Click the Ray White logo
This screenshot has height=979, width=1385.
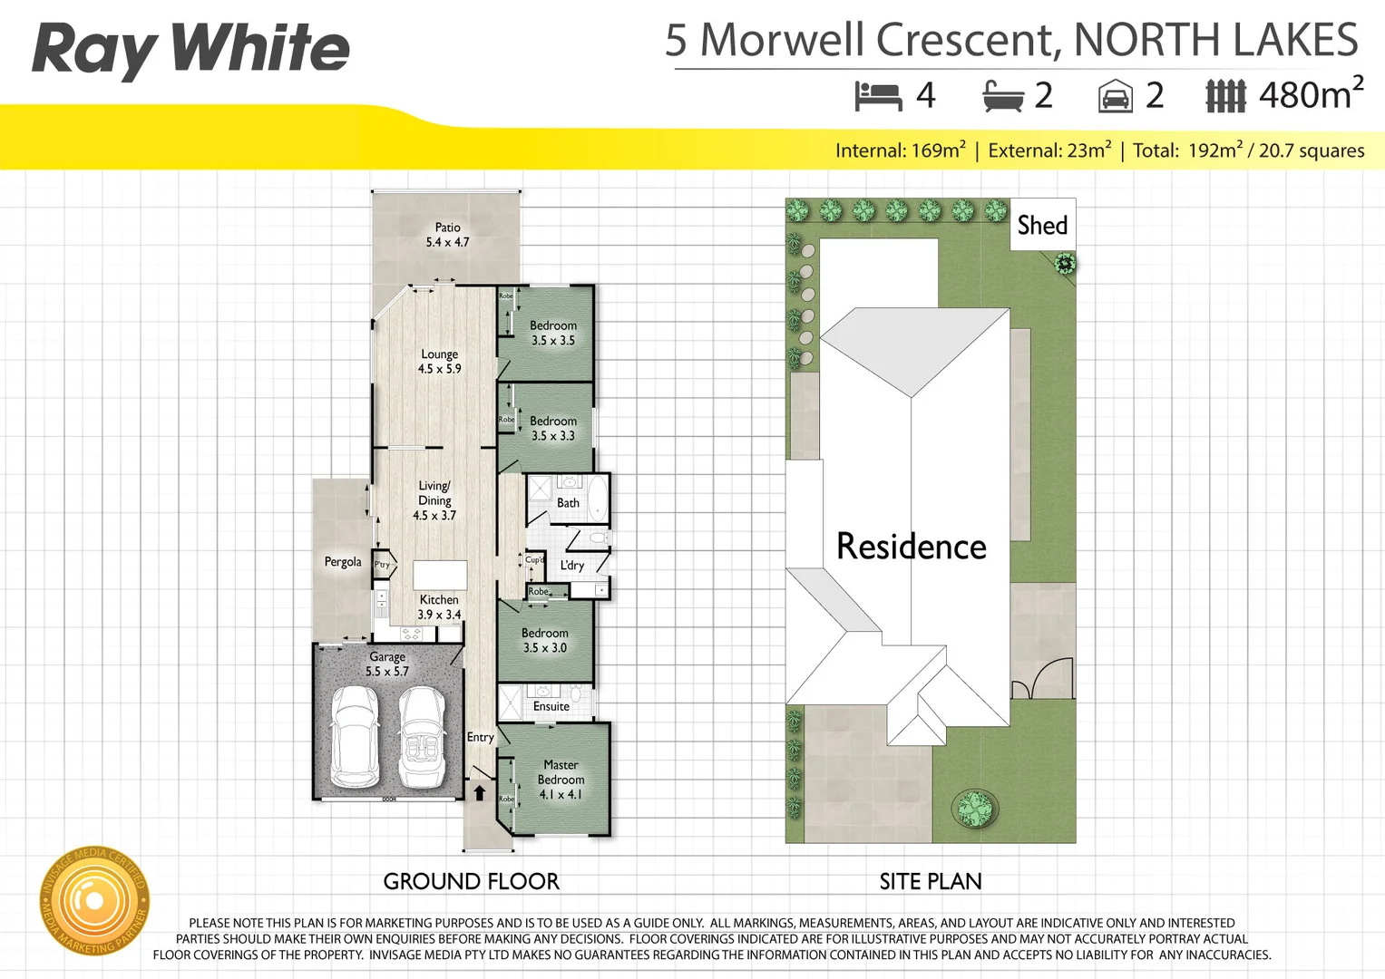point(190,49)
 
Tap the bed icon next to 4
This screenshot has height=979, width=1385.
point(877,95)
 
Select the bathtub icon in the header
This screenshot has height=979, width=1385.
point(1003,96)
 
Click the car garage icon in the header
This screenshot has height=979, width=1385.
point(1115,96)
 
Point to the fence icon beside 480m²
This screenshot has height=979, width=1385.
point(1225,96)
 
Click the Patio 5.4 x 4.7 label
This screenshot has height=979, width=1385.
point(447,235)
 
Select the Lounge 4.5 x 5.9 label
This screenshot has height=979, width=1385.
point(439,362)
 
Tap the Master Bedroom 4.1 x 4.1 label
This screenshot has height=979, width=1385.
point(561,780)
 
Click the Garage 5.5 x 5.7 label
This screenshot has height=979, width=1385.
point(387,664)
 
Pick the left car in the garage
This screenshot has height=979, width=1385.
point(355,736)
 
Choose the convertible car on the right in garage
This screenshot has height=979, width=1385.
point(422,736)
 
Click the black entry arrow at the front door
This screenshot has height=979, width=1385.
point(480,793)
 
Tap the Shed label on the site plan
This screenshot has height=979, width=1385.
point(1042,225)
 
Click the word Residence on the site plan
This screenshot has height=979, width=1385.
point(911,547)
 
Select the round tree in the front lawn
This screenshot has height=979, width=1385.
point(975,809)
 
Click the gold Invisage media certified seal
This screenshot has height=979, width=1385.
point(93,901)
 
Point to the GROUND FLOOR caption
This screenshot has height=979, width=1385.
point(471,881)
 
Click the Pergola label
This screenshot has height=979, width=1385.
point(343,562)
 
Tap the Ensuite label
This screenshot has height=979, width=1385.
point(551,706)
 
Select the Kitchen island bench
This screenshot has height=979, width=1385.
point(440,575)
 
